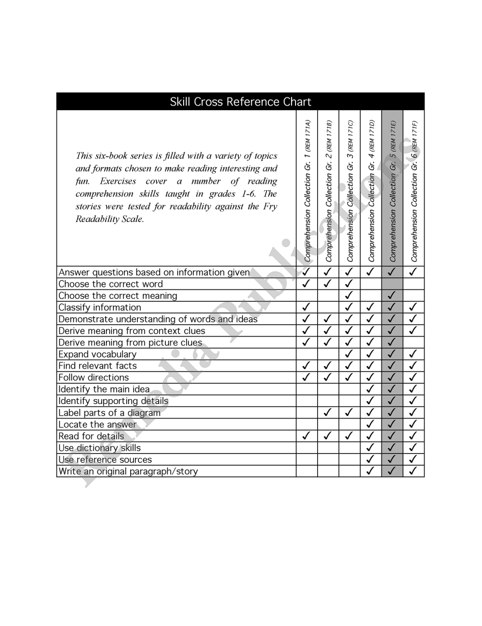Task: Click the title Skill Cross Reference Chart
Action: [241, 102]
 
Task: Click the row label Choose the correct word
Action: [111, 284]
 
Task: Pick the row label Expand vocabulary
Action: [97, 354]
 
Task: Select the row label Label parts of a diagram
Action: [109, 413]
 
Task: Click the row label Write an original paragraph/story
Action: [128, 471]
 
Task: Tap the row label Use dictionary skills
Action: [100, 448]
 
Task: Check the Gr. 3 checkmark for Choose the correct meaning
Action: [349, 295]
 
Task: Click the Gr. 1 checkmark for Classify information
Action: [307, 307]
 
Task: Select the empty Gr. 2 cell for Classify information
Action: [328, 307]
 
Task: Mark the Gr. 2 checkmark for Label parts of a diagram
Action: [328, 412]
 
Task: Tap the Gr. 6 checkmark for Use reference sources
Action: [413, 459]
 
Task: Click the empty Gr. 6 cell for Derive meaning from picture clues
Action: [414, 342]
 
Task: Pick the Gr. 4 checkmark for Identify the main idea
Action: [371, 389]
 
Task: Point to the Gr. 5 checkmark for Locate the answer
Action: [392, 424]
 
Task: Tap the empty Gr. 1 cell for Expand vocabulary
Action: [307, 354]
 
